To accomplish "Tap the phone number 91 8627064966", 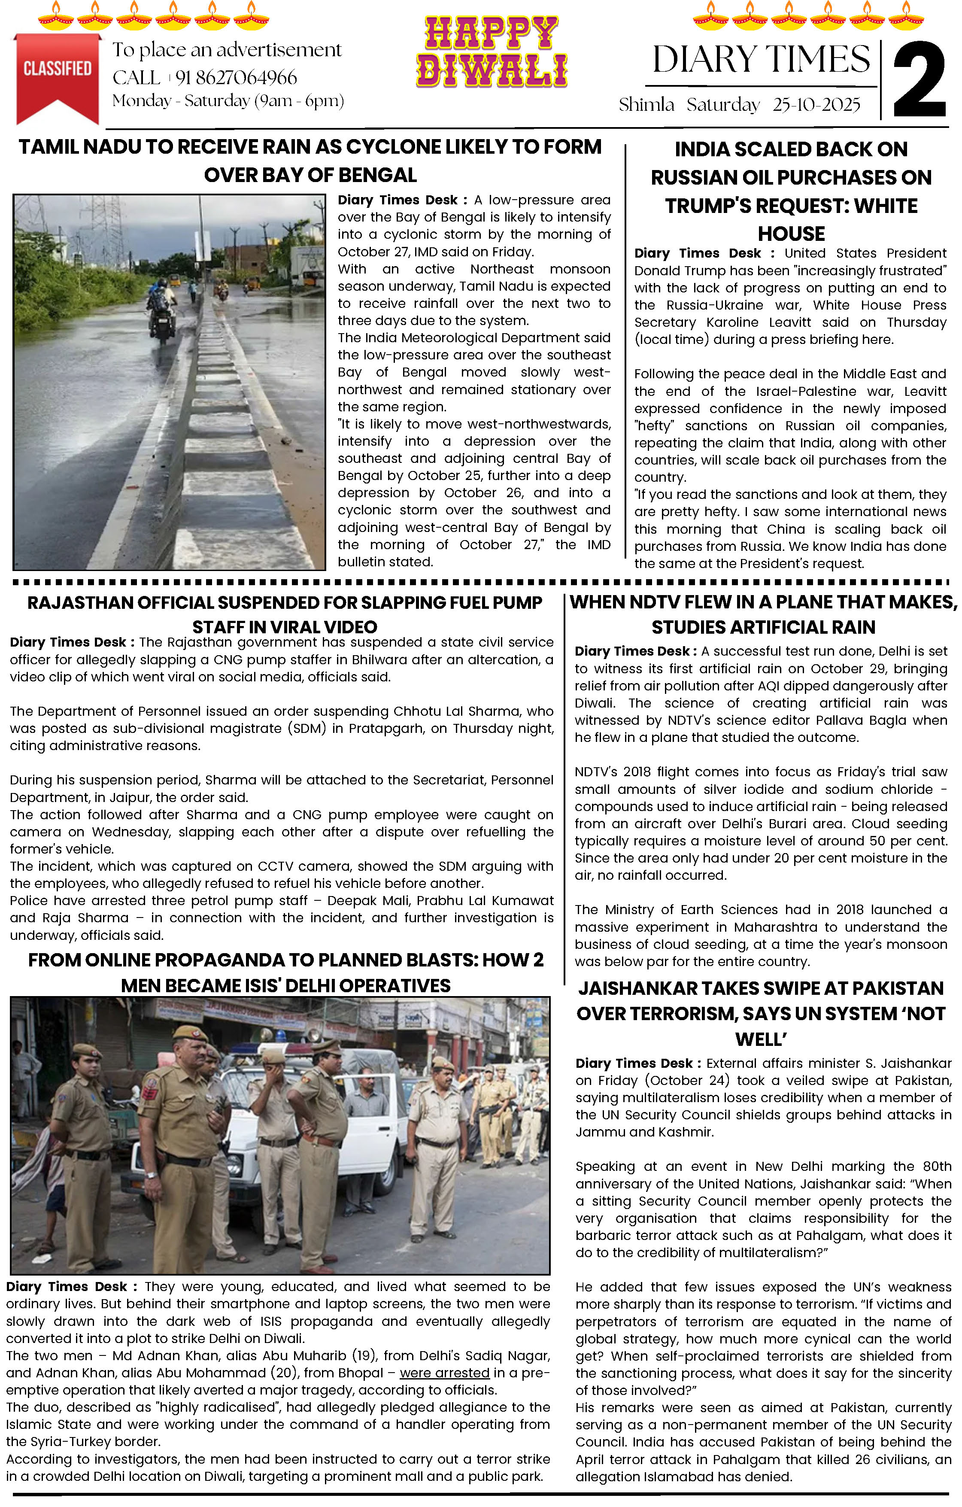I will pos(236,78).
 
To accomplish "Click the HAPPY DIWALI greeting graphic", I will pos(492,52).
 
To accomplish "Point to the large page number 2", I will pos(919,80).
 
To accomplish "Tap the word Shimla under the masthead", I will pos(646,104).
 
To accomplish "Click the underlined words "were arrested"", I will pos(444,1373).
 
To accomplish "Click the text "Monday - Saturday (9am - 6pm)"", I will pos(228,101).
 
